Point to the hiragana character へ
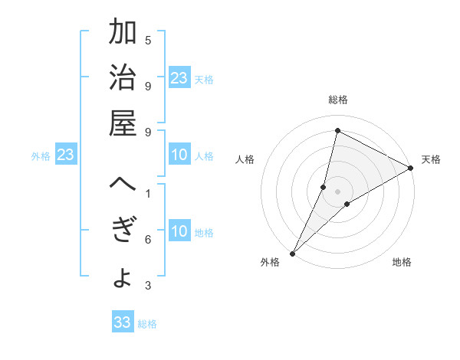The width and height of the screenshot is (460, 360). click(x=123, y=185)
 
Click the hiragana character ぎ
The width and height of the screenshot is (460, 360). click(x=123, y=231)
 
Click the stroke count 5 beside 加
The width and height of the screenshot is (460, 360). click(x=148, y=40)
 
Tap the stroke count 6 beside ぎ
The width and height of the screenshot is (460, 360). click(x=148, y=240)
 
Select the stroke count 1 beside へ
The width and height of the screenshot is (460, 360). click(x=148, y=193)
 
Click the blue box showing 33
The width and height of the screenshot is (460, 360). click(x=122, y=322)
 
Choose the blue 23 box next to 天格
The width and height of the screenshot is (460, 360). click(x=179, y=78)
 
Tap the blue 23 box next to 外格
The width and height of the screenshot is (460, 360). click(x=66, y=155)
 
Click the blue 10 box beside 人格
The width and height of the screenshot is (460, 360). click(x=179, y=155)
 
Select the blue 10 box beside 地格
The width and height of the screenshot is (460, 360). click(x=179, y=232)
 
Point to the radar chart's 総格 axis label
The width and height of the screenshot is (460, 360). click(x=337, y=100)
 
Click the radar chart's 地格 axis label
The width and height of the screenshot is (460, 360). click(x=402, y=262)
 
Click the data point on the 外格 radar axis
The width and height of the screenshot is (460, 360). click(x=292, y=253)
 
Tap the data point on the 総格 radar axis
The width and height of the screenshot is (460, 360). click(x=337, y=130)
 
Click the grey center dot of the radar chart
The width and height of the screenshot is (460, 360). click(x=337, y=191)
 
